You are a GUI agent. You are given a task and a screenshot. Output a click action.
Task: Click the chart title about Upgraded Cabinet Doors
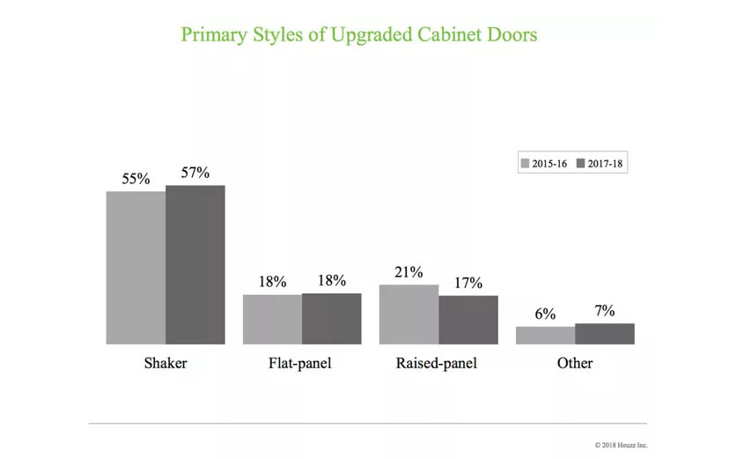(x=358, y=35)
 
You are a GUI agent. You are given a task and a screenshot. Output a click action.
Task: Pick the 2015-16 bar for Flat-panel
(x=272, y=319)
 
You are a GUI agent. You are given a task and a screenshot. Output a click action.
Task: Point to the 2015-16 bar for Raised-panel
(x=409, y=314)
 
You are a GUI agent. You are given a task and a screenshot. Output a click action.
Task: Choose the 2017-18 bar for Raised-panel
(x=468, y=320)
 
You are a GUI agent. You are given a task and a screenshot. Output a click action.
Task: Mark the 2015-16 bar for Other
(x=545, y=335)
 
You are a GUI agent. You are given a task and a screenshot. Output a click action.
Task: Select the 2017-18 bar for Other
(x=604, y=333)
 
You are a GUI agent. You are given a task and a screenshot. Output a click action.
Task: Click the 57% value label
(x=195, y=173)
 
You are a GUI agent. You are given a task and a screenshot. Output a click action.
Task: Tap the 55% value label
(x=136, y=179)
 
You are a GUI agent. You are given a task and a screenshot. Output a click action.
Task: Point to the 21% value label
(x=409, y=272)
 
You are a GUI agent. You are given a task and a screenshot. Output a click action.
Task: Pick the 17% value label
(x=468, y=283)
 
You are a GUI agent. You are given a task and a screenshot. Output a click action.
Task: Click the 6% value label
(x=545, y=315)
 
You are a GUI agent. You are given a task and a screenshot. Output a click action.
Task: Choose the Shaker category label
(x=166, y=363)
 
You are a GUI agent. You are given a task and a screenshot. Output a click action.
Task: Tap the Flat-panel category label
(x=301, y=363)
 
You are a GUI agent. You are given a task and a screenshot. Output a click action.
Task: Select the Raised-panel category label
(x=438, y=363)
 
